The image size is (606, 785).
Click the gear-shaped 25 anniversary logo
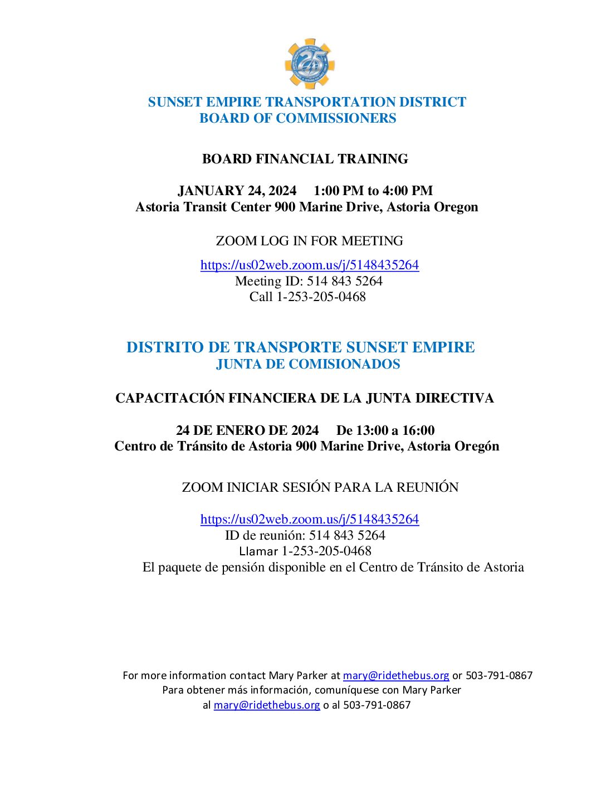pyautogui.click(x=309, y=64)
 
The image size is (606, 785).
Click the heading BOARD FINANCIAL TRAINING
pyautogui.click(x=305, y=159)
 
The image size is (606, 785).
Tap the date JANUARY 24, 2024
pyautogui.click(x=237, y=191)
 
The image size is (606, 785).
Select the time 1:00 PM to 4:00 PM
pyautogui.click(x=373, y=191)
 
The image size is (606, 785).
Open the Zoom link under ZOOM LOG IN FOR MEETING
pyautogui.click(x=309, y=265)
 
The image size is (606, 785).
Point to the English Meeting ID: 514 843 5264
pyautogui.click(x=309, y=281)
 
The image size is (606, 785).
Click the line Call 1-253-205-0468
pyautogui.click(x=307, y=297)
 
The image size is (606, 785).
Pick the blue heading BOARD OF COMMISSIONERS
pyautogui.click(x=297, y=118)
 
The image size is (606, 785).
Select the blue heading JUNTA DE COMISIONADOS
pyautogui.click(x=308, y=364)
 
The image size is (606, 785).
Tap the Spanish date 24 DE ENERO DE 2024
pyautogui.click(x=247, y=430)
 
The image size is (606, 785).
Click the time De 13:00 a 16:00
pyautogui.click(x=385, y=430)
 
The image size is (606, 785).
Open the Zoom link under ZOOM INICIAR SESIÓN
pyautogui.click(x=309, y=519)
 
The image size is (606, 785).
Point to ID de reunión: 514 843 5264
pyautogui.click(x=305, y=535)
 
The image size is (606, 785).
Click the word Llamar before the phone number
pyautogui.click(x=258, y=551)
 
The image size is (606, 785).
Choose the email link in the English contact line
pyautogui.click(x=395, y=675)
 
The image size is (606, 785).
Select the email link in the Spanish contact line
pyautogui.click(x=267, y=705)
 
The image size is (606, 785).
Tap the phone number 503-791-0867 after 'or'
pyautogui.click(x=499, y=675)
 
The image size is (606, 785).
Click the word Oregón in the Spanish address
pyautogui.click(x=477, y=446)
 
